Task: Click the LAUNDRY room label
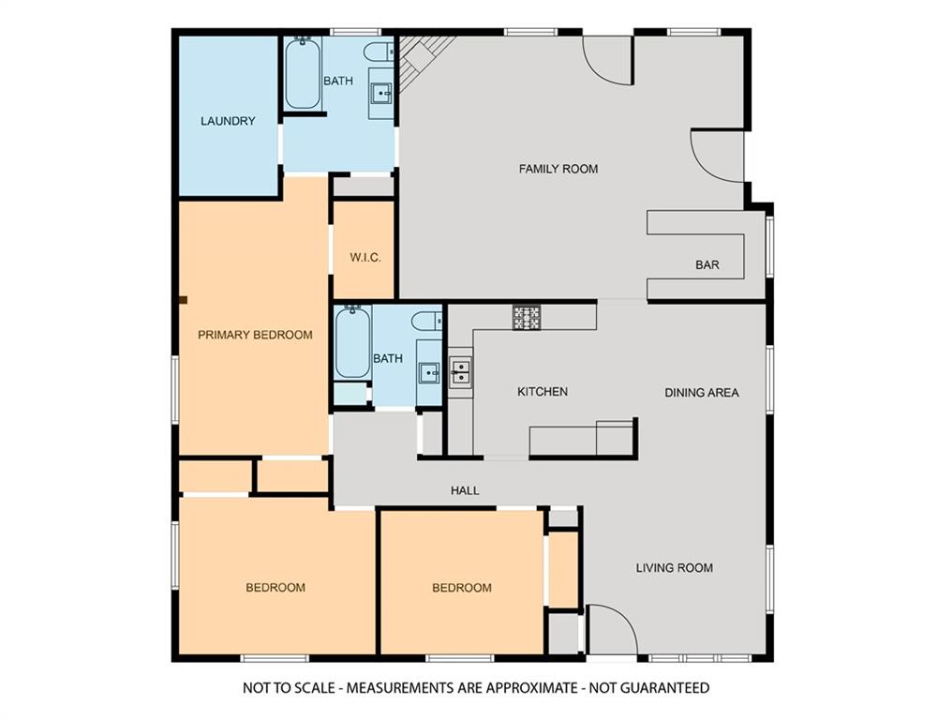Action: (x=228, y=121)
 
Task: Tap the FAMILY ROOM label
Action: (x=558, y=169)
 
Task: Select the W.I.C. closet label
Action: (x=365, y=258)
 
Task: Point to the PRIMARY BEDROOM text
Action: (x=255, y=335)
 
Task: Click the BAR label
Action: (x=707, y=264)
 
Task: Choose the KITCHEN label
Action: (x=543, y=392)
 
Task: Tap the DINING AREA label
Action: (x=702, y=393)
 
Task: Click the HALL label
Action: (x=465, y=490)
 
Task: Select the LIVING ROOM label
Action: (x=674, y=567)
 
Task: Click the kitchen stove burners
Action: (x=527, y=317)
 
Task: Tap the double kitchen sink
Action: (x=460, y=372)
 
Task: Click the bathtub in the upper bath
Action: (x=303, y=74)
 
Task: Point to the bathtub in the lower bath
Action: (x=352, y=342)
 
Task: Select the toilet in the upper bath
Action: (x=379, y=52)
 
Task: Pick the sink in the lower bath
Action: (x=429, y=373)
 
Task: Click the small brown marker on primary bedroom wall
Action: (x=184, y=300)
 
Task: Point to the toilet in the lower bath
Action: (x=428, y=321)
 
